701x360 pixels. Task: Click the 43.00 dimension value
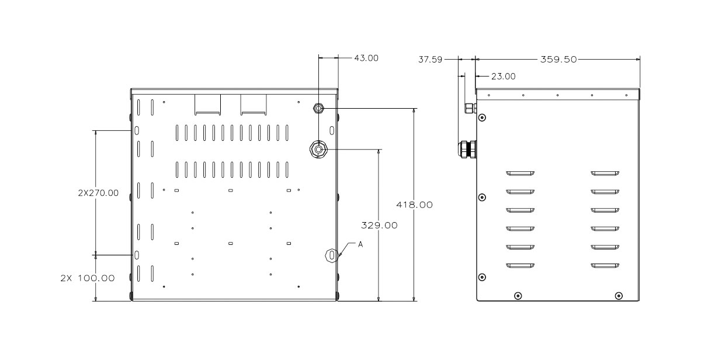(366, 58)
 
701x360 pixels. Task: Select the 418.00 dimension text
(414, 205)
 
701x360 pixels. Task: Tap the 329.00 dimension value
(379, 226)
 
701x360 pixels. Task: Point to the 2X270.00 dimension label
(98, 193)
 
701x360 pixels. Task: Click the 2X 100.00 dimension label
(88, 278)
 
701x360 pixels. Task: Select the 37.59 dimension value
(431, 60)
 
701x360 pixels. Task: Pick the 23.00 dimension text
(503, 77)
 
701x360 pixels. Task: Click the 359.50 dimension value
(558, 60)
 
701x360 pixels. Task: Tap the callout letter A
(360, 244)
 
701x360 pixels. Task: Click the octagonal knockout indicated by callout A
(332, 255)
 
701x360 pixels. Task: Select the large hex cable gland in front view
(318, 150)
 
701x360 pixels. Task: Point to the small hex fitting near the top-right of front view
(318, 108)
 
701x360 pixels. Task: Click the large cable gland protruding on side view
(467, 150)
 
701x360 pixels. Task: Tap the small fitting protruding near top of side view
(471, 108)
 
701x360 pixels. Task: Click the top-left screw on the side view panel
(483, 117)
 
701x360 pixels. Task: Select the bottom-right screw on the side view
(619, 296)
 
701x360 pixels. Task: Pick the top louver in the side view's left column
(520, 173)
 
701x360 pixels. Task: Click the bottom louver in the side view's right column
(605, 266)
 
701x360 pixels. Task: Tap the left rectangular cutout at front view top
(207, 105)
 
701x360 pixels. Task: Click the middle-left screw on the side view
(483, 197)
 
